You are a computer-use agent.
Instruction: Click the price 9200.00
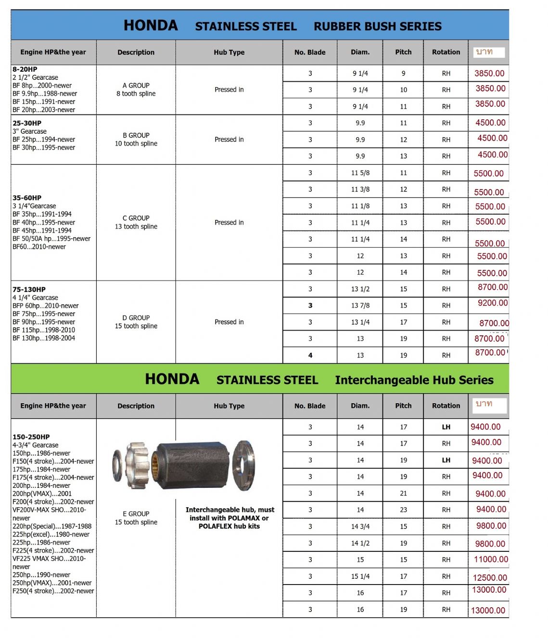click(x=492, y=303)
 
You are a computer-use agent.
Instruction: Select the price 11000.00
click(x=491, y=559)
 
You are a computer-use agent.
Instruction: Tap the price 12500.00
click(x=490, y=577)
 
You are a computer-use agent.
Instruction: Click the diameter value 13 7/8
click(x=360, y=306)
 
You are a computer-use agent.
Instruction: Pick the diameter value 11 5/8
click(x=360, y=173)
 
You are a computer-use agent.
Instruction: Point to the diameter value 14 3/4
click(x=360, y=526)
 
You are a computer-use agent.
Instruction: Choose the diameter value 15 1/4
click(x=360, y=576)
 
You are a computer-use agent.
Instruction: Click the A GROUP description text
click(x=136, y=86)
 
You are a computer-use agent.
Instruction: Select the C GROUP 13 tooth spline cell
click(x=136, y=222)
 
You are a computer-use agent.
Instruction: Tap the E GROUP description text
click(x=136, y=514)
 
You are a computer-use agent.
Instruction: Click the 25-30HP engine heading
click(x=27, y=123)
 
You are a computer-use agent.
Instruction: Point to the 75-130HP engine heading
click(x=29, y=290)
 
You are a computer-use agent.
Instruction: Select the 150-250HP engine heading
click(x=31, y=437)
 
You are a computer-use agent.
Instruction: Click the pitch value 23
click(x=403, y=510)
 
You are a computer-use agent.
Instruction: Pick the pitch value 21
click(x=403, y=493)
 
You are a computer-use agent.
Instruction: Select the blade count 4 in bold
click(x=310, y=356)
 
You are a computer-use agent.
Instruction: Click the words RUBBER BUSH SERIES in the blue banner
click(x=378, y=26)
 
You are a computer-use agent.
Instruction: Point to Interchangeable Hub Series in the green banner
click(x=414, y=380)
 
